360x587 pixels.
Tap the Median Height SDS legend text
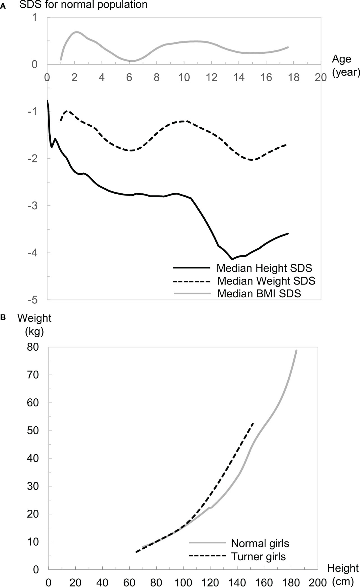tap(264, 268)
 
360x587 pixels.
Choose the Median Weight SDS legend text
tap(266, 281)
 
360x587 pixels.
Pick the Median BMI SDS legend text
tap(259, 293)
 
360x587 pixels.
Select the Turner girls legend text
tap(258, 556)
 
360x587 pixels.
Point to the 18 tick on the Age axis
tap(293, 77)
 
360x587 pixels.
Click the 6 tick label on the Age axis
tap(129, 77)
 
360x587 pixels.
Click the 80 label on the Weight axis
tap(33, 347)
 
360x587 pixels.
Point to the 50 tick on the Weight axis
tap(33, 431)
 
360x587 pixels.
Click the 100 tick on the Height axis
tap(183, 582)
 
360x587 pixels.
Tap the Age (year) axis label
tap(345, 65)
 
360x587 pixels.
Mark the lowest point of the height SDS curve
tap(232, 259)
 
